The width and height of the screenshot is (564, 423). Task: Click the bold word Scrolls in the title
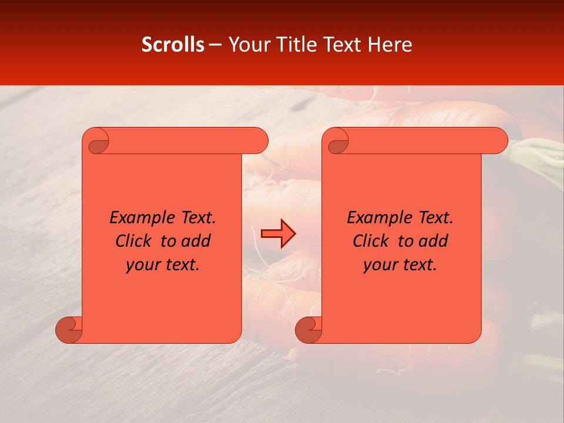coord(173,45)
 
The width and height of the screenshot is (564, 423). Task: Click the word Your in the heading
coord(249,45)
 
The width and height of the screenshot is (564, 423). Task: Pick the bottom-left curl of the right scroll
coord(308,329)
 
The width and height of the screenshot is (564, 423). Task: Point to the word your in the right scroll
coord(379,266)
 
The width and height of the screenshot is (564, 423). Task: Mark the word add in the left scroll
coord(196,241)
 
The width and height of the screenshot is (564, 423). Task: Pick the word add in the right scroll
coord(434,241)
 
